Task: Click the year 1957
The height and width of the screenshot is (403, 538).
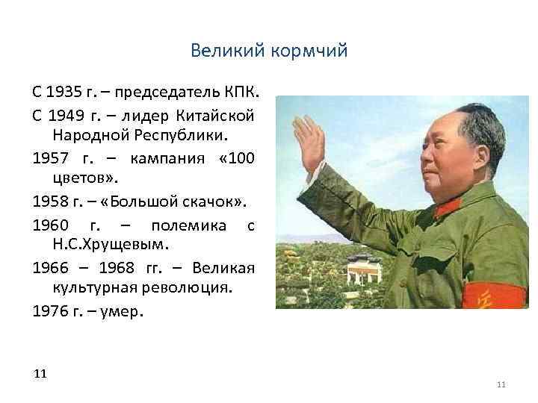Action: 51,159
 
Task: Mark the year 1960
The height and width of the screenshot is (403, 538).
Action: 51,224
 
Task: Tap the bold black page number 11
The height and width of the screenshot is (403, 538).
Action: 40,372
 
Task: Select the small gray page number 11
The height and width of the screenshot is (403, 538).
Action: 501,384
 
